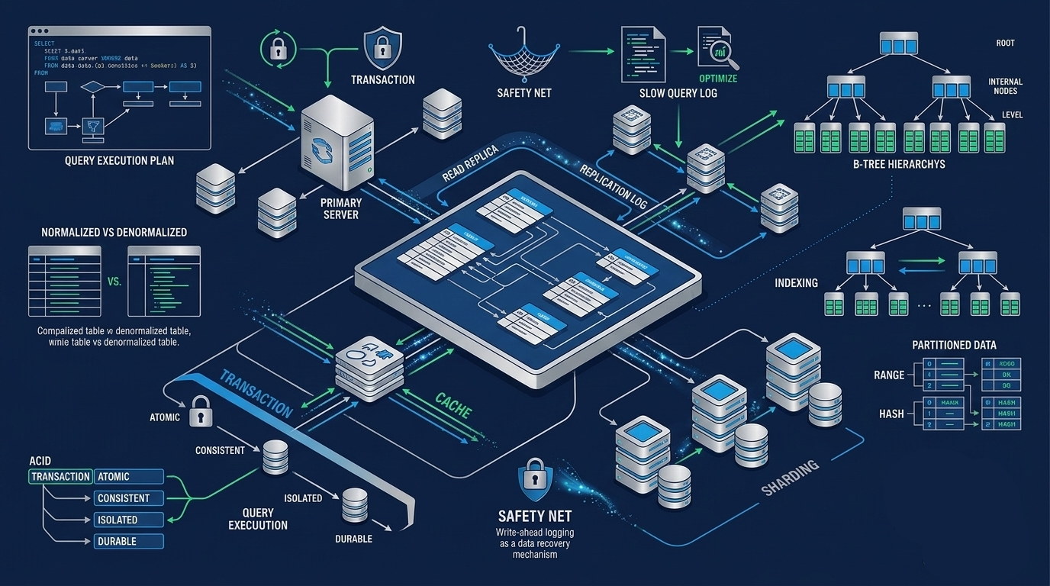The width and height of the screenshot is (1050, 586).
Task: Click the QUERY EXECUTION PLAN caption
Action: click(119, 161)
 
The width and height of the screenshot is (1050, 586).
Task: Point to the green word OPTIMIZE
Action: click(718, 79)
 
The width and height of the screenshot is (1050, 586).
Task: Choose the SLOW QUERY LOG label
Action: click(678, 93)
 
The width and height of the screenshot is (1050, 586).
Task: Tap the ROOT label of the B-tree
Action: click(1005, 43)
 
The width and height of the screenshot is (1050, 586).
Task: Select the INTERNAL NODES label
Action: click(1005, 86)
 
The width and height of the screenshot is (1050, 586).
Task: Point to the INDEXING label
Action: click(796, 283)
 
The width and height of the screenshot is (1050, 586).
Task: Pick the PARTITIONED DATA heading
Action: click(954, 346)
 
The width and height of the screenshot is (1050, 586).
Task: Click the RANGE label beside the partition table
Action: click(889, 375)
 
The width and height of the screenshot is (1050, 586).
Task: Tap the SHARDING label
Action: click(790, 477)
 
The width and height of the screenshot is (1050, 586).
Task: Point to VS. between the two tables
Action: click(114, 282)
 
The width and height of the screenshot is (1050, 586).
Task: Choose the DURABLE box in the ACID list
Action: click(129, 541)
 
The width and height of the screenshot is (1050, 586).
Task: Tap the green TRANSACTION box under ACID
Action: click(61, 477)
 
